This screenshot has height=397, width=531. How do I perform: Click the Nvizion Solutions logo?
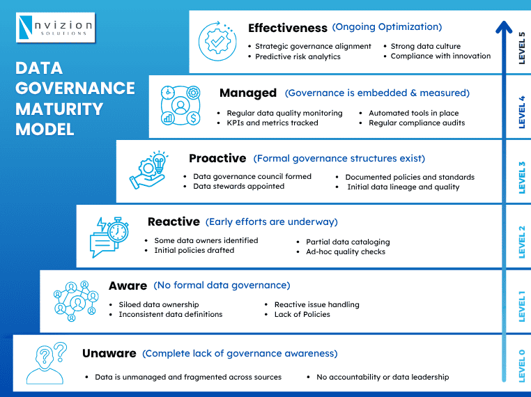click(54, 27)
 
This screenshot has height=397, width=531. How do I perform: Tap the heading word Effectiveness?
click(287, 29)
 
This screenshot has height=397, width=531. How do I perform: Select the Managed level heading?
click(247, 93)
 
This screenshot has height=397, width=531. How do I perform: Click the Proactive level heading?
click(217, 158)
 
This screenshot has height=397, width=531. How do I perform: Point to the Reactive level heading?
click(174, 221)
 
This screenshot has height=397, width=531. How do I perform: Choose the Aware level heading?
click(128, 286)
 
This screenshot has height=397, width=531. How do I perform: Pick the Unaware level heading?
click(109, 353)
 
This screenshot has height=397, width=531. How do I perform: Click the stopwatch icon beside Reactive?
click(115, 229)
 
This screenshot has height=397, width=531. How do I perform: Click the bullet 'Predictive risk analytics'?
click(298, 56)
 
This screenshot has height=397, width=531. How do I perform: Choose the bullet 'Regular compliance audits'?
click(417, 123)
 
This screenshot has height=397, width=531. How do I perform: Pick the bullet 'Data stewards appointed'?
click(238, 186)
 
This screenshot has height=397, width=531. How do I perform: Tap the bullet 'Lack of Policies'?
click(302, 314)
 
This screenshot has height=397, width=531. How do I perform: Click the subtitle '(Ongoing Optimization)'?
click(387, 27)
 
